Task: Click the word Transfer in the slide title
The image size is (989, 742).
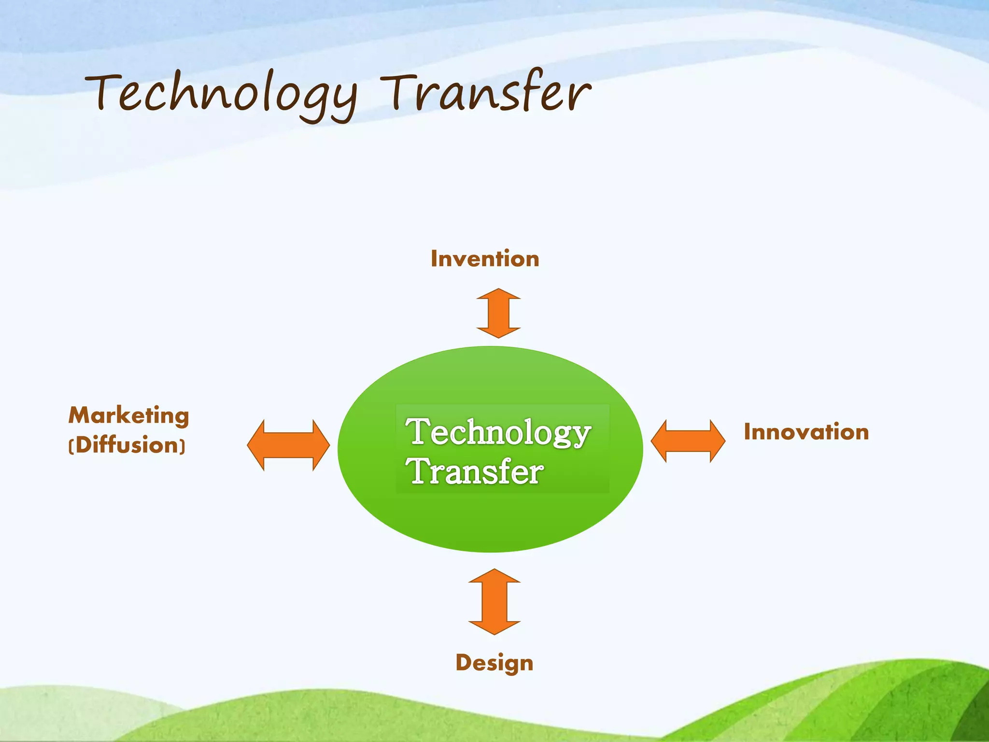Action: (x=485, y=92)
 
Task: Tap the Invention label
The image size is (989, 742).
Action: (x=485, y=259)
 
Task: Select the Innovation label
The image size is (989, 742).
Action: (x=806, y=432)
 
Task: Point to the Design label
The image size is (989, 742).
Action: (x=494, y=663)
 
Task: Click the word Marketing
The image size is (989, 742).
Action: (x=128, y=415)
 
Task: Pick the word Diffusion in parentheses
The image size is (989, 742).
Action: (x=127, y=445)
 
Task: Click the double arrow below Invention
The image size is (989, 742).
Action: (x=498, y=313)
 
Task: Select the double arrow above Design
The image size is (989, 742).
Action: (x=494, y=601)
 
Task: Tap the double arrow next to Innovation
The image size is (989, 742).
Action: (x=688, y=441)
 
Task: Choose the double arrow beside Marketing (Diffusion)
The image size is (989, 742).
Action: (x=288, y=445)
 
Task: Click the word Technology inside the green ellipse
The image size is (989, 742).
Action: (x=498, y=432)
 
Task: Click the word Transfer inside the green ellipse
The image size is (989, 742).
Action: (x=475, y=472)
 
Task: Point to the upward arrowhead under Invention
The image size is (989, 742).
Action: (x=498, y=295)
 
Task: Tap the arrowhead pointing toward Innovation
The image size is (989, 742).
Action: (x=717, y=441)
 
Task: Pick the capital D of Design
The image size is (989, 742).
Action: (x=464, y=662)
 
